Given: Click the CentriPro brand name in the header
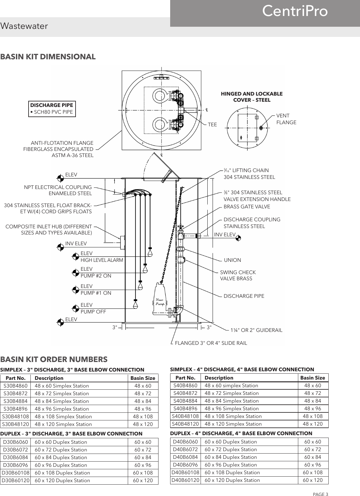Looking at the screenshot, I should pyautogui.click(x=295, y=11).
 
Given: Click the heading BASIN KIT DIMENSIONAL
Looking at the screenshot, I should pyautogui.click(x=48, y=57).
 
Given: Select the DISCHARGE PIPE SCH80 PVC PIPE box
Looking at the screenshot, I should pyautogui.click(x=52, y=109).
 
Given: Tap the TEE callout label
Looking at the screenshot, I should pyautogui.click(x=212, y=125).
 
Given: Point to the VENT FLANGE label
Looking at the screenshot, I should pyautogui.click(x=286, y=119).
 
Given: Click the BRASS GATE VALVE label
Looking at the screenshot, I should pyautogui.click(x=247, y=207).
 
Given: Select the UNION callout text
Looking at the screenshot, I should pyautogui.click(x=233, y=260).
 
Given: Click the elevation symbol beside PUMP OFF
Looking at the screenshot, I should pyautogui.click(x=75, y=308).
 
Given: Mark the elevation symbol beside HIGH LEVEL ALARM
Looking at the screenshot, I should pyautogui.click(x=75, y=256).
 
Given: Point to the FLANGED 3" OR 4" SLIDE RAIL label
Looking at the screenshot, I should pyautogui.click(x=211, y=343).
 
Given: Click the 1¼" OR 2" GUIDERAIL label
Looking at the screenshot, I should pyautogui.click(x=256, y=330).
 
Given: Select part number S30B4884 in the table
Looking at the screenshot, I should pyautogui.click(x=15, y=401).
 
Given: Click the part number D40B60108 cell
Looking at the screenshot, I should pyautogui.click(x=185, y=472).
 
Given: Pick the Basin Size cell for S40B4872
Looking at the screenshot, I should pyautogui.click(x=313, y=393).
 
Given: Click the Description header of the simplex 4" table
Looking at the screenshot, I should pyautogui.click(x=219, y=378).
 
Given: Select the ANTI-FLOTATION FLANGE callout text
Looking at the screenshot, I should pyautogui.click(x=58, y=149).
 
